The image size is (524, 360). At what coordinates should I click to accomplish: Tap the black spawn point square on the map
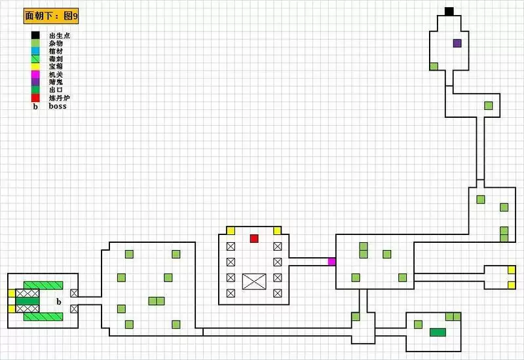pyautogui.click(x=449, y=11)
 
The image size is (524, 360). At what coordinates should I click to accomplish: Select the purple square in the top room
pyautogui.click(x=457, y=43)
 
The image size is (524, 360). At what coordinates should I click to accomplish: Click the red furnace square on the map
pyautogui.click(x=254, y=238)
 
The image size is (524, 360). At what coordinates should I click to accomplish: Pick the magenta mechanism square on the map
pyautogui.click(x=331, y=262)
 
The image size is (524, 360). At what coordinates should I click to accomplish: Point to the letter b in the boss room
pyautogui.click(x=58, y=302)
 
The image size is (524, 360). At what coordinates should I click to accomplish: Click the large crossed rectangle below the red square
pyautogui.click(x=254, y=281)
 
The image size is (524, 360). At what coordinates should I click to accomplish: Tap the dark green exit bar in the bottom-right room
pyautogui.click(x=438, y=332)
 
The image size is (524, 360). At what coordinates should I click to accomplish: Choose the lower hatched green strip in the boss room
pyautogui.click(x=43, y=317)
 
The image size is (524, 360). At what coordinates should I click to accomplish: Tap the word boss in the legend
pyautogui.click(x=58, y=106)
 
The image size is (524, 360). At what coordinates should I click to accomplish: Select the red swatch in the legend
pyautogui.click(x=35, y=98)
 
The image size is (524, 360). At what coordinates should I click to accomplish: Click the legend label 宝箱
pyautogui.click(x=56, y=67)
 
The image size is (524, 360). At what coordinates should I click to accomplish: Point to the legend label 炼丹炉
pyautogui.click(x=58, y=98)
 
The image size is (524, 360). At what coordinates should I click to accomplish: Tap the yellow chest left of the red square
pyautogui.click(x=231, y=230)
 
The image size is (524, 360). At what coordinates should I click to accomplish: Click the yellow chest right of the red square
pyautogui.click(x=277, y=230)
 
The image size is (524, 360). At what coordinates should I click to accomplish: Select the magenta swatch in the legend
pyautogui.click(x=35, y=74)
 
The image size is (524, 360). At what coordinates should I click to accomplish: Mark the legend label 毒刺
pyautogui.click(x=56, y=59)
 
